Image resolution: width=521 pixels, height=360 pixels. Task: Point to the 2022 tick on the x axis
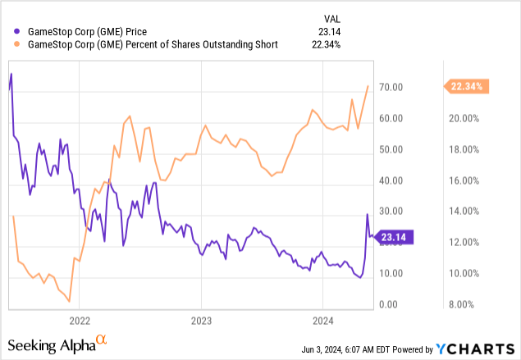[x=80, y=319]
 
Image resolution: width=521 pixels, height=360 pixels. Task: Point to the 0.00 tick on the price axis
[x=397, y=304]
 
